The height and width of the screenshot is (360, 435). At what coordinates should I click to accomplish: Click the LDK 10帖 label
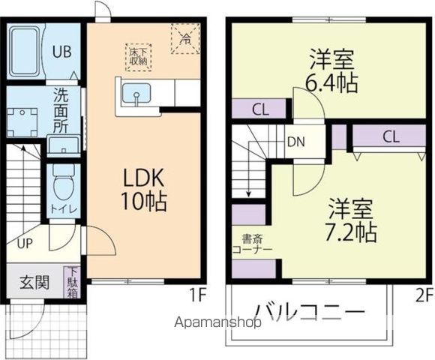(145, 189)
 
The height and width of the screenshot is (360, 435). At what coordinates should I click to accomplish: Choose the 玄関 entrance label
(34, 283)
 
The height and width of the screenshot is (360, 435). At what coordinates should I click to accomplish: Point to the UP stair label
(24, 243)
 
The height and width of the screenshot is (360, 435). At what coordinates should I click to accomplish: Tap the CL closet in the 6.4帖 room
(260, 109)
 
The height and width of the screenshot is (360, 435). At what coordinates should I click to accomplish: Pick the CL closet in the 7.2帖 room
(390, 136)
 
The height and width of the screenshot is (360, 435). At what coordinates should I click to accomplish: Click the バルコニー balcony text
(309, 310)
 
